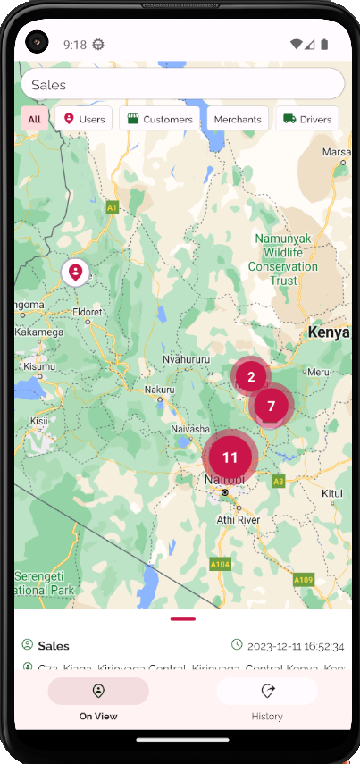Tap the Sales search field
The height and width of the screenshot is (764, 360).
(x=182, y=84)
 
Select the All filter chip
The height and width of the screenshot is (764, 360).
(x=34, y=119)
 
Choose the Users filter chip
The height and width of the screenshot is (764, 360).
(x=83, y=119)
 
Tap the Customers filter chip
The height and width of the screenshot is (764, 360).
(x=159, y=119)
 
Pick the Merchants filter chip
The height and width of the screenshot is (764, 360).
(x=238, y=119)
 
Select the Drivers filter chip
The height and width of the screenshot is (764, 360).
(x=306, y=119)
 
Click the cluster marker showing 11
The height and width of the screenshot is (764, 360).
(x=230, y=457)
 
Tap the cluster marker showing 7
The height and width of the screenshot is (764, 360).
(x=271, y=406)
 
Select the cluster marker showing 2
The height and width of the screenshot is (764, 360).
(x=252, y=376)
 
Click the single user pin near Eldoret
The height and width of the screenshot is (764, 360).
(x=76, y=272)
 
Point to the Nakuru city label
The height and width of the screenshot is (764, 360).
(x=160, y=390)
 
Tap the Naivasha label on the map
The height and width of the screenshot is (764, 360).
(x=190, y=429)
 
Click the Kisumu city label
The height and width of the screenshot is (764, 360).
(x=39, y=366)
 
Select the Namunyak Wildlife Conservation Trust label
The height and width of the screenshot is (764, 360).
(x=283, y=259)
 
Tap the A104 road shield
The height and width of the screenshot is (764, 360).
(x=220, y=564)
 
